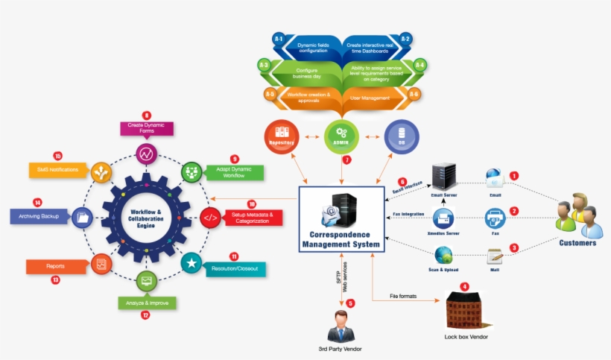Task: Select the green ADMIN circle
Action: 341,135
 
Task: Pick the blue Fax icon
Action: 495,218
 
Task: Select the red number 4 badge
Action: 465,285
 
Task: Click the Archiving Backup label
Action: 39,217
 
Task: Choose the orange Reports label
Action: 56,265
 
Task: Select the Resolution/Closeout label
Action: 236,268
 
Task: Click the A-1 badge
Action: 279,38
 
